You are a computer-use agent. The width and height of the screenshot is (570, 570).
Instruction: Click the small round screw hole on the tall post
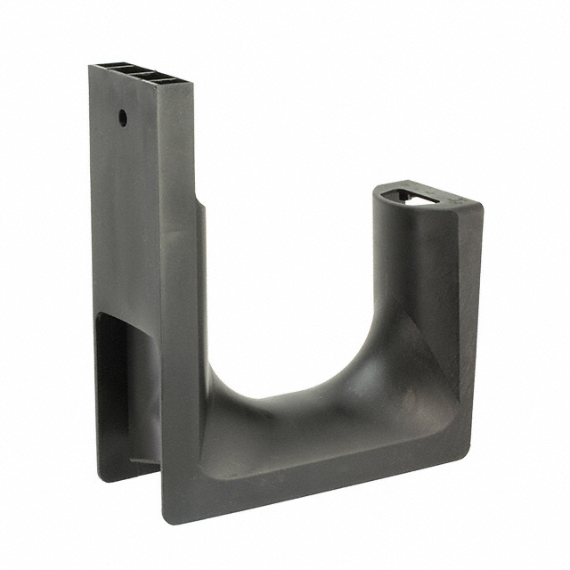[x=123, y=117]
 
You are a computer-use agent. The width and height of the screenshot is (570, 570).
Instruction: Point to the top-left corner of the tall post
[x=89, y=66]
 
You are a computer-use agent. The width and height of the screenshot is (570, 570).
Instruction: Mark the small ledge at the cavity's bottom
[x=142, y=461]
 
